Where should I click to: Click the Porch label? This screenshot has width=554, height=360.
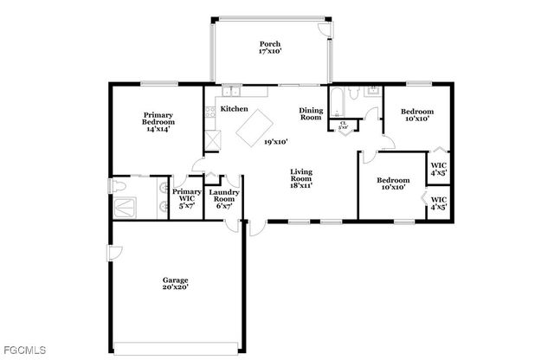269,48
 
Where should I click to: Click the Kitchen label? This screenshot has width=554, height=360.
234,109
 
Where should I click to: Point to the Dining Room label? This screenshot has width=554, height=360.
311,113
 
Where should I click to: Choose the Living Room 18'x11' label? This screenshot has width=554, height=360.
300,177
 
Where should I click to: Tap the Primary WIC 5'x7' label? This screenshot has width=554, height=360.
186,198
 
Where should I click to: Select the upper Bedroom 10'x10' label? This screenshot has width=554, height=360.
416,115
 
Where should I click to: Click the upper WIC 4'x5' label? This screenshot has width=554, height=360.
440,167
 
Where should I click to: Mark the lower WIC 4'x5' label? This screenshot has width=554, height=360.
440,204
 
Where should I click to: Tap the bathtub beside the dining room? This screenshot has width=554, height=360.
336,104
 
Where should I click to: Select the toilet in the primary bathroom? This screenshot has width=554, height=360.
120,186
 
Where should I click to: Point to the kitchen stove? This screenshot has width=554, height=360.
210,112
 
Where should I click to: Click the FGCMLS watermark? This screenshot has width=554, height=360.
25,350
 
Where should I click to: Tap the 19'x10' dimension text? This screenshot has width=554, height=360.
275,141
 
